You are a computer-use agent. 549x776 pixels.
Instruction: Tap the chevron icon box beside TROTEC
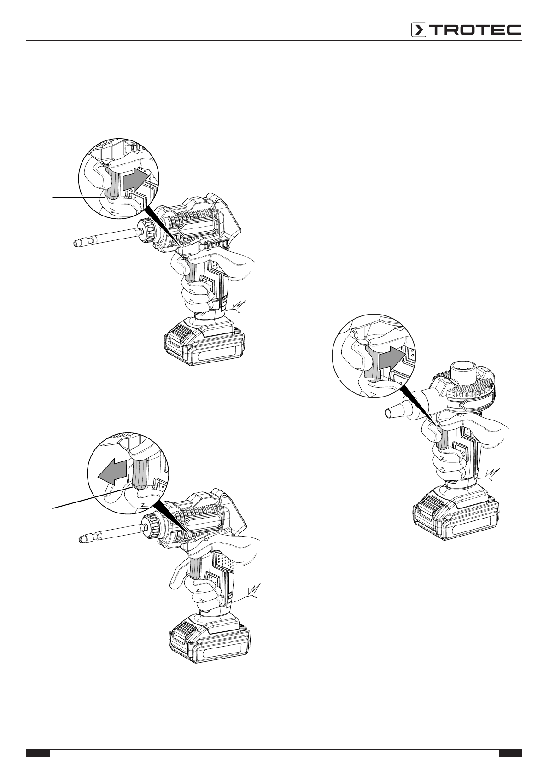(x=419, y=30)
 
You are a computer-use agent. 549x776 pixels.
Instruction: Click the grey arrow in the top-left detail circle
(x=136, y=179)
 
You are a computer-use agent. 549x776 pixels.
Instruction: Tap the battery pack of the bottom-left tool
(x=209, y=637)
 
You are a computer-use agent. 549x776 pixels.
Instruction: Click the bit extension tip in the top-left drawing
(x=78, y=243)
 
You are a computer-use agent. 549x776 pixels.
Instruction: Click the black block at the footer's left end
(x=38, y=750)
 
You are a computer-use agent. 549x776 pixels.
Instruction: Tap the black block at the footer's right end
(x=510, y=750)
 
